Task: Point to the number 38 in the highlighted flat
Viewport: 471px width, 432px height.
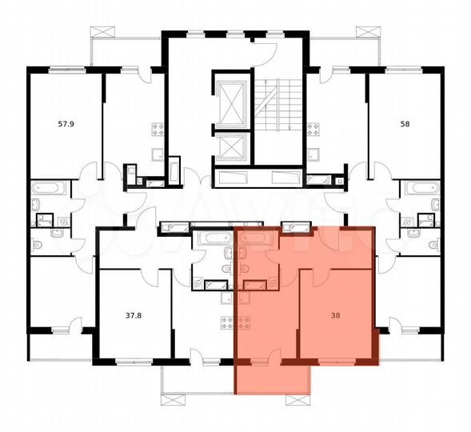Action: point(334,315)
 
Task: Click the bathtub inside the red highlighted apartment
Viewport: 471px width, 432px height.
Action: point(256,238)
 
